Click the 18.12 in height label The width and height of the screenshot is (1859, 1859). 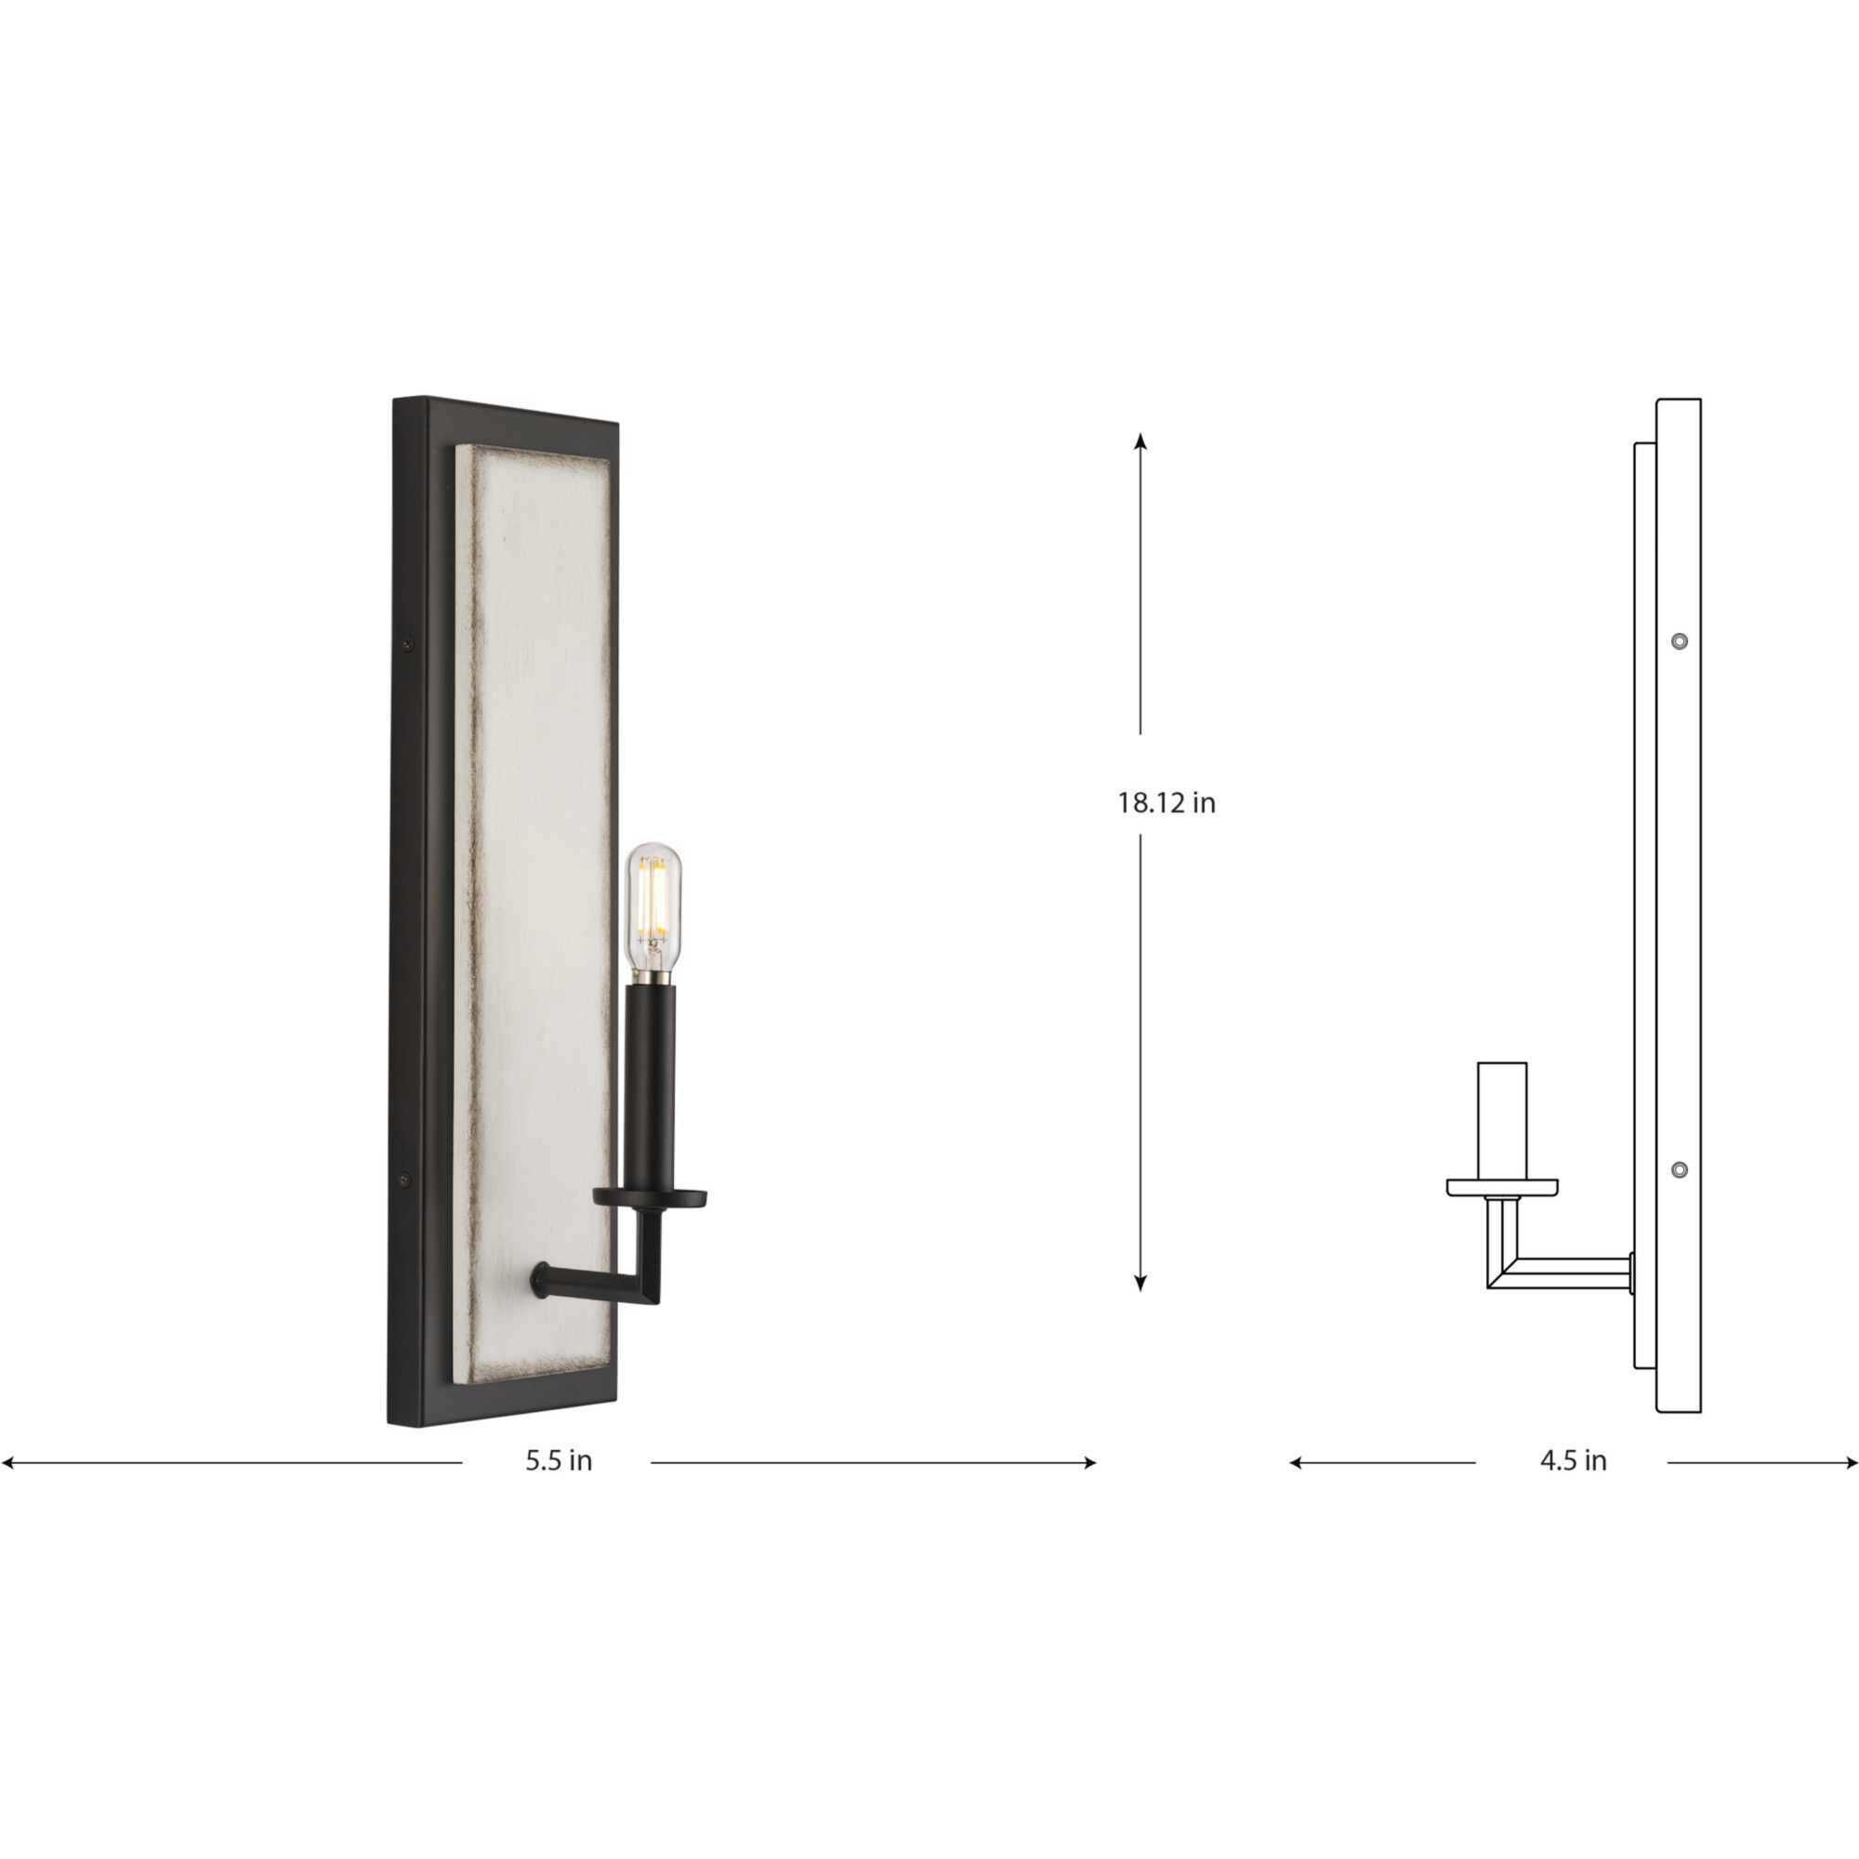tap(1167, 803)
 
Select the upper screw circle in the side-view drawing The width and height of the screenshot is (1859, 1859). tap(1679, 640)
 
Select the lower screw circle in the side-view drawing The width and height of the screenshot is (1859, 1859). tap(1679, 1170)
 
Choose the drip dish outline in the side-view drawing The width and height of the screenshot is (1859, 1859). tap(1502, 1187)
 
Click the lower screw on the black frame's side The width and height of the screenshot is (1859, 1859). tap(405, 1178)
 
